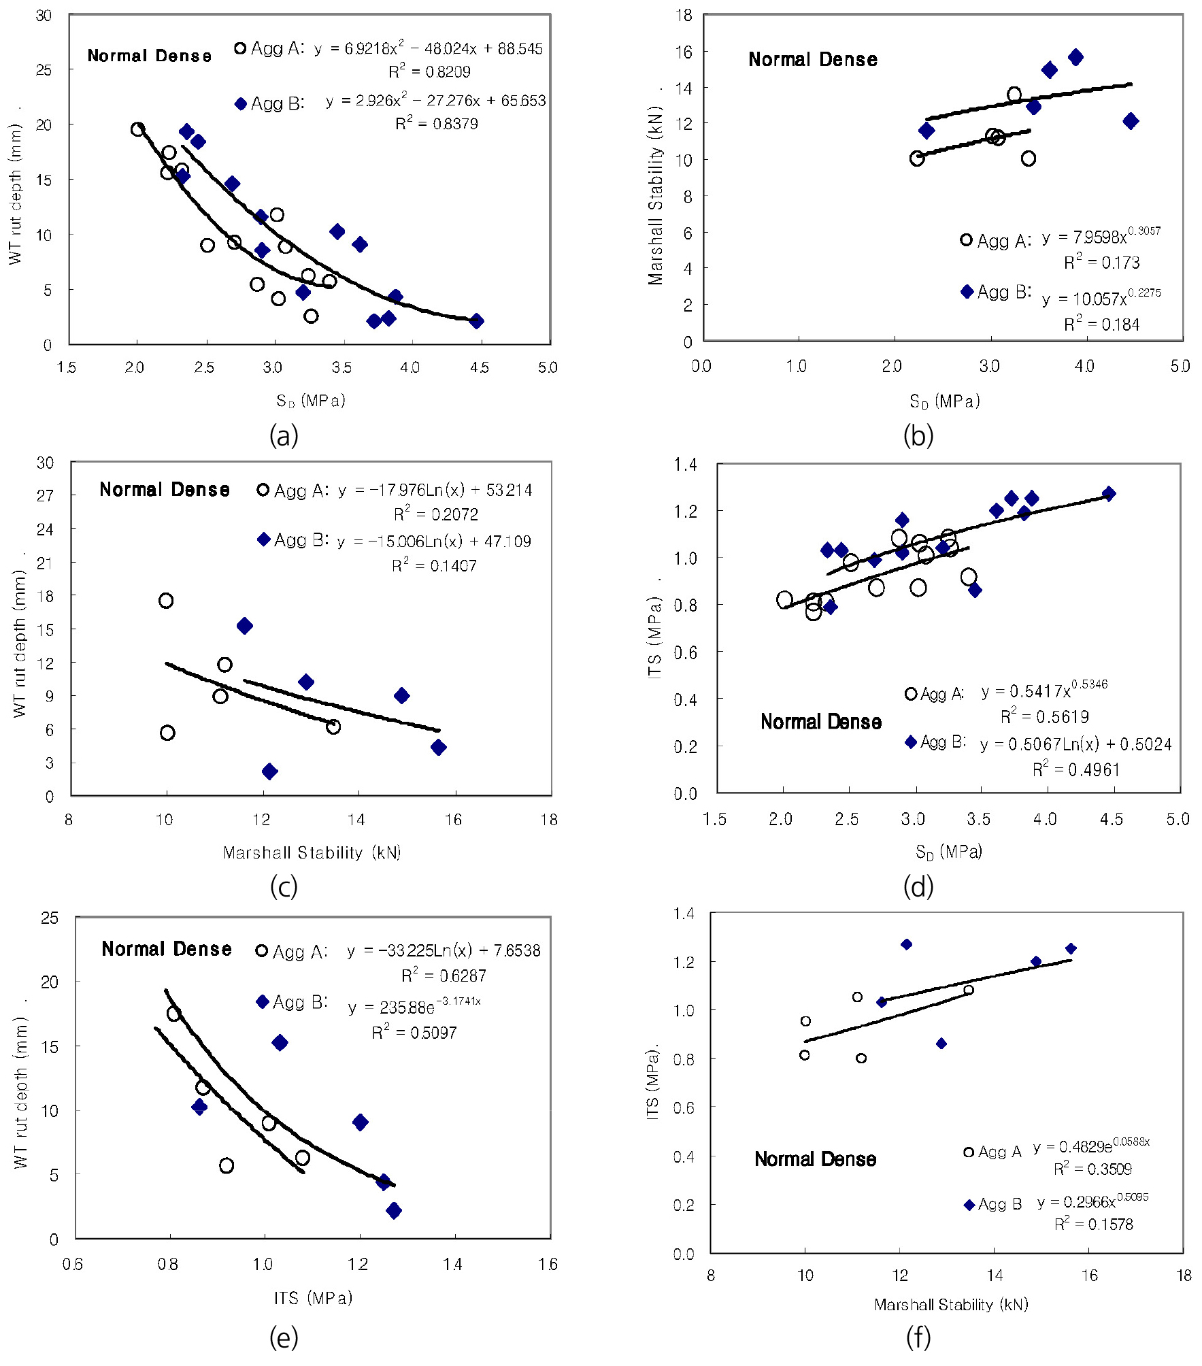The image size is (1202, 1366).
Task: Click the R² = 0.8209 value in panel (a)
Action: click(429, 71)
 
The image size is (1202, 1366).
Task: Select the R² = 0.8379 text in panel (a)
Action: click(436, 124)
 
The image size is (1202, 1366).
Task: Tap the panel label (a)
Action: click(284, 435)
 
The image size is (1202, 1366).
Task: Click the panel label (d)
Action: click(918, 886)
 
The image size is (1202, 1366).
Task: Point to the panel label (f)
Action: click(918, 1337)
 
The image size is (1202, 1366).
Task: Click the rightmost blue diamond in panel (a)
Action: click(476, 321)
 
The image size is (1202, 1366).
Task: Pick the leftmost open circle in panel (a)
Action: click(138, 129)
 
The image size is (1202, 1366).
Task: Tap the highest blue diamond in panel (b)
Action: click(1075, 57)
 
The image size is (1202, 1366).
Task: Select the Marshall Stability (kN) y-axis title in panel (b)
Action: click(655, 195)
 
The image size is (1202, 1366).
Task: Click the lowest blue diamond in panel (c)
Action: click(269, 771)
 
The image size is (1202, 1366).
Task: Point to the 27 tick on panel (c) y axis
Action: click(46, 495)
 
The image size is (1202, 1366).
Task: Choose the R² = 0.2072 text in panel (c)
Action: click(435, 514)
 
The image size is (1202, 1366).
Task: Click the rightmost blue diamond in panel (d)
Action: click(1109, 494)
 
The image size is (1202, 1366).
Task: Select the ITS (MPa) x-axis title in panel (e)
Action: click(313, 1298)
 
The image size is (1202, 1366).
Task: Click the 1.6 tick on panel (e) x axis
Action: click(548, 1264)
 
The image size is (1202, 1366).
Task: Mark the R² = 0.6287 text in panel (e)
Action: click(444, 976)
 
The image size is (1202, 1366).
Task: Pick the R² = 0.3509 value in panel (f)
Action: click(1092, 1169)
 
